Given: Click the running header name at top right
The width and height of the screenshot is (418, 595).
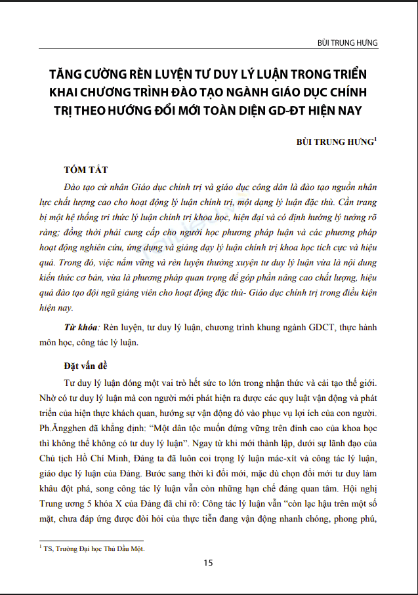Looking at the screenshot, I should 348,43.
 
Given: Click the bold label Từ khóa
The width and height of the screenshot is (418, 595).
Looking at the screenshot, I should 79,327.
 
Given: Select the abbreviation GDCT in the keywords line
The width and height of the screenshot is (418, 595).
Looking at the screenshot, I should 316,327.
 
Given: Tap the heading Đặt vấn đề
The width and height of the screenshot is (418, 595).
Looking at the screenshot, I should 89,364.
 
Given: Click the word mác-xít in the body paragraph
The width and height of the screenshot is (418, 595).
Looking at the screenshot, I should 276,457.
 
